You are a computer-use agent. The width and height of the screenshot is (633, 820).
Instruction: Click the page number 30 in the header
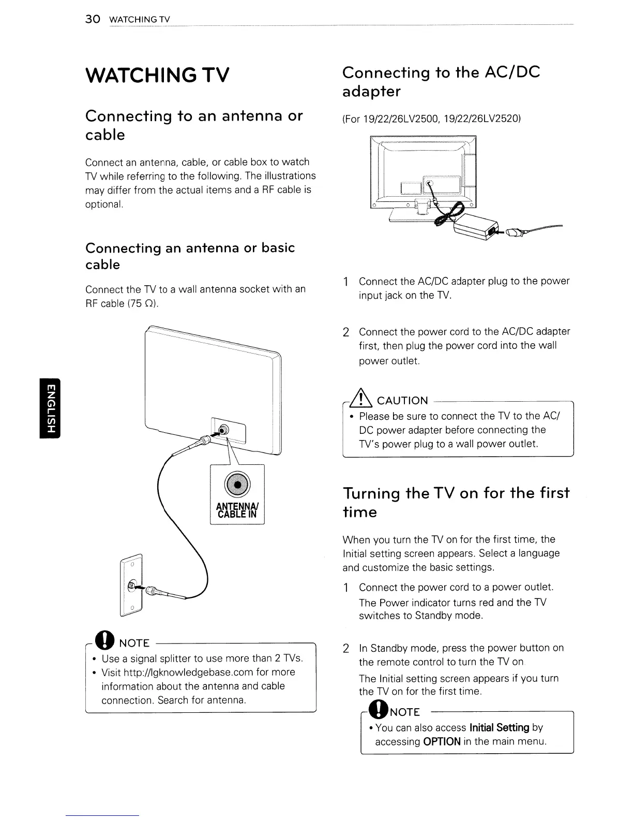point(92,20)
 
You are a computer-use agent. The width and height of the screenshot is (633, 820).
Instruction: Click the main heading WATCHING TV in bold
point(157,76)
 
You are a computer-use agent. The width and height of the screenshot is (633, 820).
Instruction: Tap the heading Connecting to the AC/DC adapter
point(441,82)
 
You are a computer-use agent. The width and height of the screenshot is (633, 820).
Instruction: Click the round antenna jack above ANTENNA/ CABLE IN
point(237,484)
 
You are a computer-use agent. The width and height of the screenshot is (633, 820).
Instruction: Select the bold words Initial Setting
point(500,727)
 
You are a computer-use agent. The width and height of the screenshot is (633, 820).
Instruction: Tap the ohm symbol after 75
point(150,304)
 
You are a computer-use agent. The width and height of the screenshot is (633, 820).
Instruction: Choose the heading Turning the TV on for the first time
point(456,502)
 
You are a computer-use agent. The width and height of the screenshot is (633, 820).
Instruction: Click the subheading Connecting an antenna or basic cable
point(190,256)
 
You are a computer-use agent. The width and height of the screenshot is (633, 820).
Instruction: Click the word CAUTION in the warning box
point(402,401)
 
